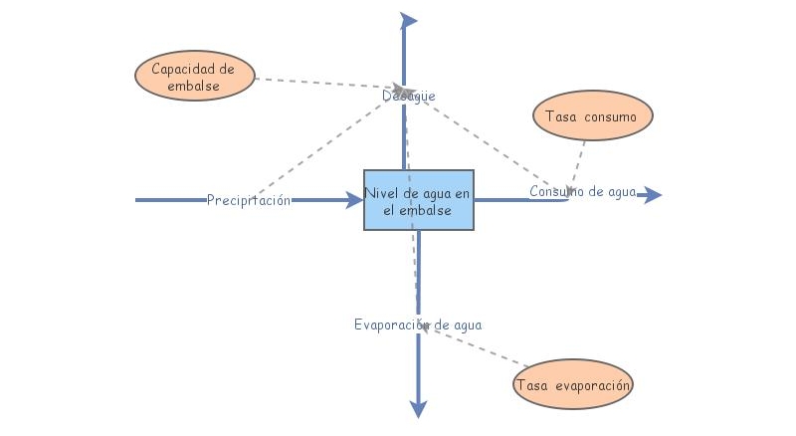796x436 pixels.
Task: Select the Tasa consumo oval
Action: pyautogui.click(x=593, y=116)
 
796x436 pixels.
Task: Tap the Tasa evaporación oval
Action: pyautogui.click(x=573, y=384)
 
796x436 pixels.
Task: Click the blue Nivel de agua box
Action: pyautogui.click(x=418, y=199)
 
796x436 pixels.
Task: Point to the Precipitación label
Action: pyautogui.click(x=249, y=200)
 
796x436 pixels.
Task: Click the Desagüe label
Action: pyautogui.click(x=409, y=96)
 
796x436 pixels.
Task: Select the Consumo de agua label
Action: pyautogui.click(x=582, y=192)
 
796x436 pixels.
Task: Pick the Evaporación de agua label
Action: pyautogui.click(x=418, y=325)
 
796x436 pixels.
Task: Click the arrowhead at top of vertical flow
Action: pyautogui.click(x=408, y=20)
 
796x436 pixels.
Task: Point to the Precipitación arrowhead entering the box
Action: pyautogui.click(x=354, y=200)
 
